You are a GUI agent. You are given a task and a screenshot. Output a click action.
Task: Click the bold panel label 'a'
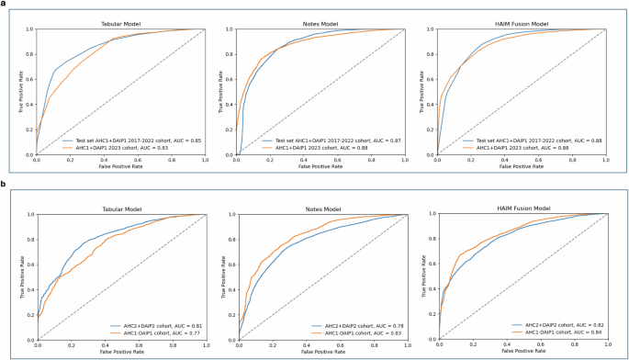click(x=4, y=5)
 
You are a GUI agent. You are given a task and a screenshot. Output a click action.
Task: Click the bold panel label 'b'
click(x=4, y=183)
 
